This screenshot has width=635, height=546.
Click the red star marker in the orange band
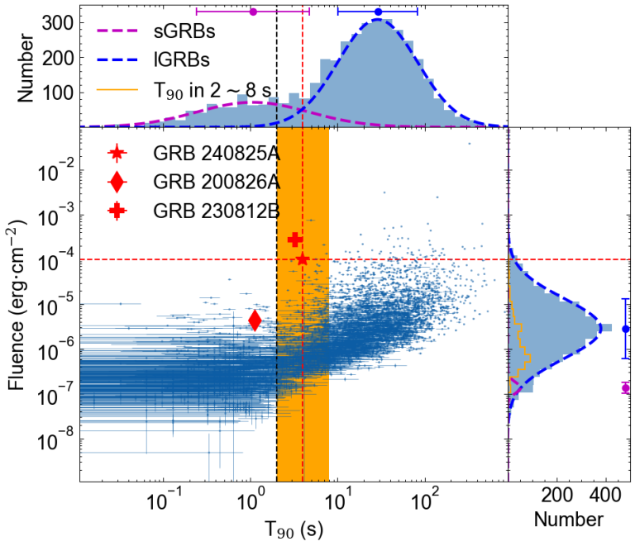pyautogui.click(x=303, y=259)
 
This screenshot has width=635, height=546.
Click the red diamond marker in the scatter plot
pyautogui.click(x=255, y=320)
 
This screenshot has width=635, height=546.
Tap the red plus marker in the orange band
pyautogui.click(x=294, y=240)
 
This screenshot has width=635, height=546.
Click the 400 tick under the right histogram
pyautogui.click(x=606, y=496)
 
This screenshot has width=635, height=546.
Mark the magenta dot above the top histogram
pyautogui.click(x=253, y=12)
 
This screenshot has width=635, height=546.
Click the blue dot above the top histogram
pyautogui.click(x=378, y=12)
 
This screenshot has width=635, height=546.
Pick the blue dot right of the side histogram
pyautogui.click(x=626, y=329)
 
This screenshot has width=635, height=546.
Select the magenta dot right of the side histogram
pyautogui.click(x=626, y=387)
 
